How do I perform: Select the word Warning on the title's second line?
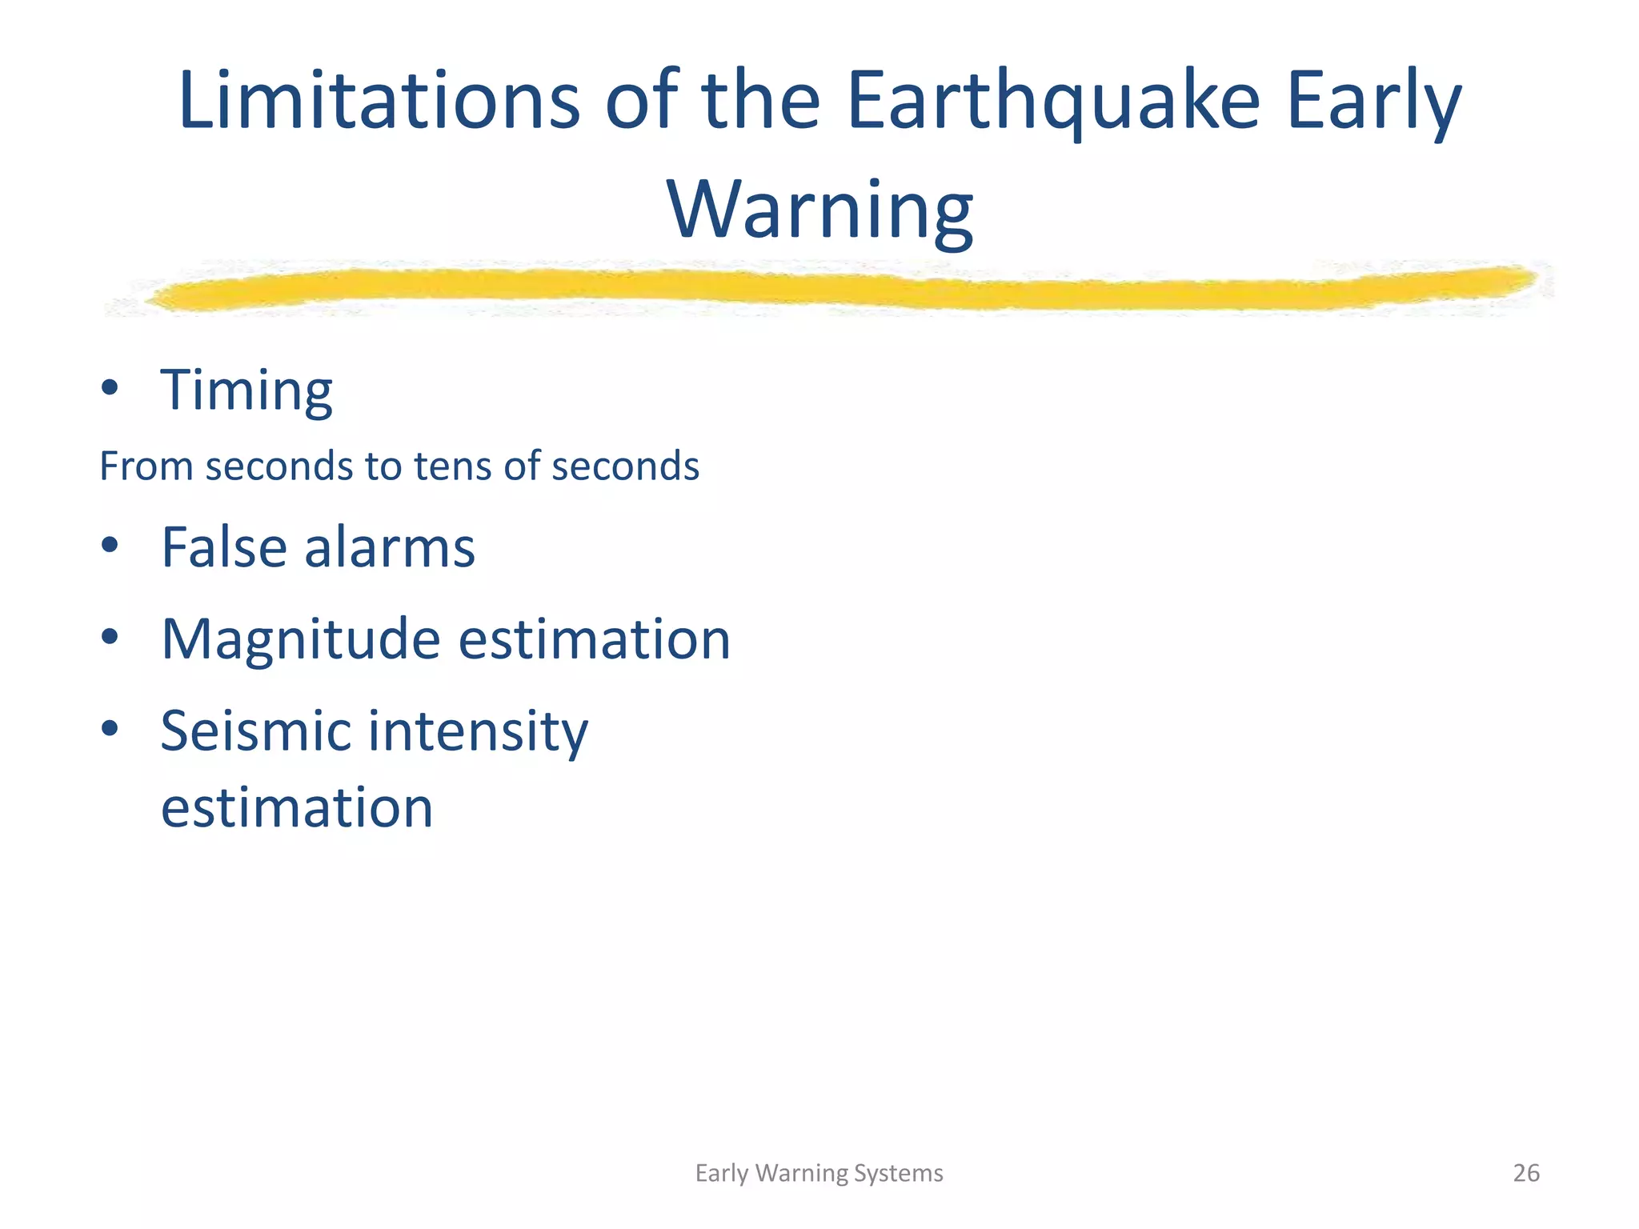(x=819, y=210)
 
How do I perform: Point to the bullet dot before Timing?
(x=110, y=388)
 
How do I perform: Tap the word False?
(x=223, y=547)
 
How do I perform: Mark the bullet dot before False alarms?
(x=110, y=546)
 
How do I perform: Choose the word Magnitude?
(x=300, y=639)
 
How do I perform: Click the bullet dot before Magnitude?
(x=110, y=638)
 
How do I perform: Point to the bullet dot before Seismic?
(x=110, y=728)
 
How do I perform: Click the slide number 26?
(x=1526, y=1173)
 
